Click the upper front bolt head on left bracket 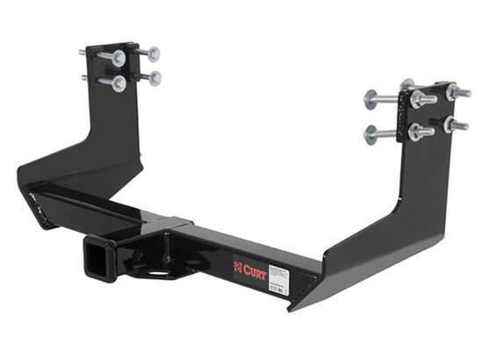point(117,58)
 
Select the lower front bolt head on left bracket point(118,83)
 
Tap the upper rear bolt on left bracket point(155,54)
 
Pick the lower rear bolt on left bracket point(155,79)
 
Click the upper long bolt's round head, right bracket point(370,98)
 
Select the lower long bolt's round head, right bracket point(370,134)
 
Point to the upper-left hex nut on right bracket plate point(418,98)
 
